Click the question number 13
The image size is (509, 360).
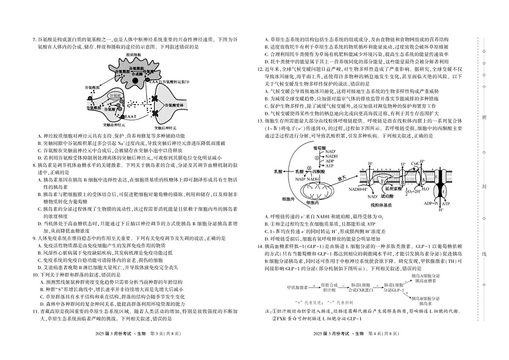(260, 120)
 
